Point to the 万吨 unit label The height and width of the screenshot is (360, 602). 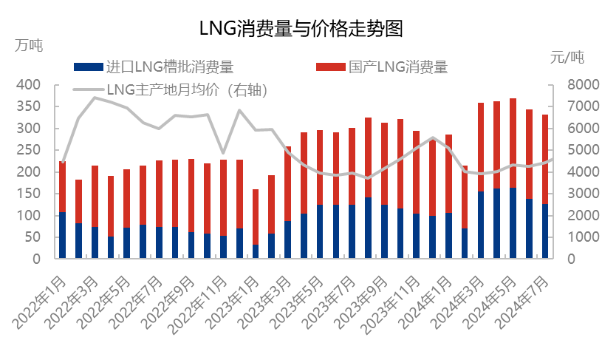point(29,45)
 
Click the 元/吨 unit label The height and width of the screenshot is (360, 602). point(567,56)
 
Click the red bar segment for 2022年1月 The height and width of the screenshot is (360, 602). point(63,187)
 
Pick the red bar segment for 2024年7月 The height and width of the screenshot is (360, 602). point(545,159)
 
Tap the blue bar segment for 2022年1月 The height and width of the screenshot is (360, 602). point(63,236)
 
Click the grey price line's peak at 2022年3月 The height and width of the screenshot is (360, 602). point(95,98)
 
